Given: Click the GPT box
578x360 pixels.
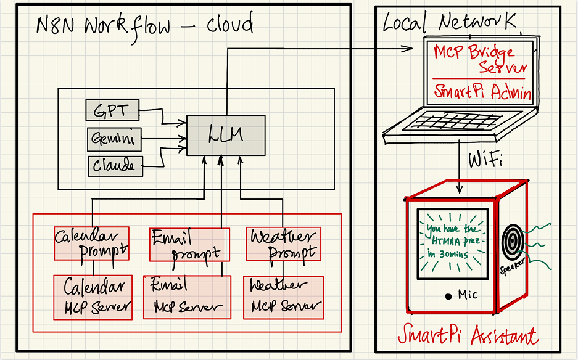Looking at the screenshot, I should click(112, 111).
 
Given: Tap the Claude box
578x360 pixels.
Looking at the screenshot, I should click(114, 165).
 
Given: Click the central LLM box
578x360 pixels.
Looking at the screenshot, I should click(226, 134).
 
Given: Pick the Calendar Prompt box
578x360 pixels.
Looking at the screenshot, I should click(91, 243).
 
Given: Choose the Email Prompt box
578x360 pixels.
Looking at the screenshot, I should click(189, 244).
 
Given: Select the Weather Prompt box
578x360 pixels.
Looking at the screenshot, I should click(283, 243).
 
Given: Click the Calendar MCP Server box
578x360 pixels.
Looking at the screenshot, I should click(93, 297).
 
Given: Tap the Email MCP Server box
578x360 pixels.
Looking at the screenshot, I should click(187, 297).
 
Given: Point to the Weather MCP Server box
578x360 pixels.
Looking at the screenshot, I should click(283, 297).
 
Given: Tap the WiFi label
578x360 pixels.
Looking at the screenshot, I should click(485, 162).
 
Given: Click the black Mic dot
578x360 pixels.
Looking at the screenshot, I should click(449, 297).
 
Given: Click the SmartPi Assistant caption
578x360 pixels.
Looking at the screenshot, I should click(467, 336).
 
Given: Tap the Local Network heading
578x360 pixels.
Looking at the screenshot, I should click(450, 23).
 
